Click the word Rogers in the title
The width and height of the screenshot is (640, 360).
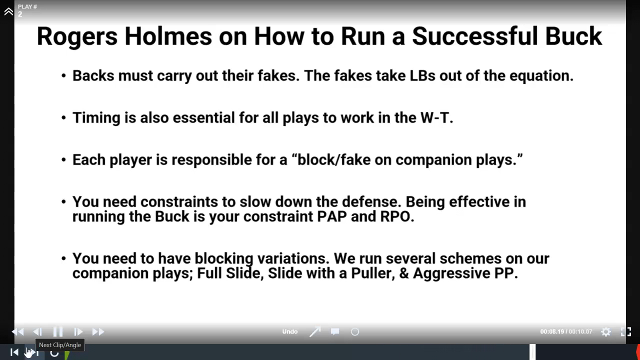tap(77, 37)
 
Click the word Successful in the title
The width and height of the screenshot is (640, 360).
tap(475, 36)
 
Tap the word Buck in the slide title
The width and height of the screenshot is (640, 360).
tap(573, 36)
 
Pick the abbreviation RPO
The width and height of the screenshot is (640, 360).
tap(397, 216)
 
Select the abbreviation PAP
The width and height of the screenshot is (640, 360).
tap(332, 216)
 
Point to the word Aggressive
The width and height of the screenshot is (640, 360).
tap(451, 273)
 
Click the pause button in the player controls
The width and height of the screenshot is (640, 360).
tap(58, 331)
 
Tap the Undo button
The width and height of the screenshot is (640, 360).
tap(290, 331)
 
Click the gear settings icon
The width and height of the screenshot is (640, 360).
tap(605, 331)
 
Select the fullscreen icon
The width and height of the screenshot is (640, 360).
tap(626, 331)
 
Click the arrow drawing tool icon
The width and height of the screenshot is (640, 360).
tap(315, 331)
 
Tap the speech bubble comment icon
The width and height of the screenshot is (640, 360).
tap(335, 331)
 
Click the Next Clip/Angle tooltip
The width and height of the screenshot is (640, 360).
tap(60, 345)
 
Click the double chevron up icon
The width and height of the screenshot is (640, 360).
tap(8, 11)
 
